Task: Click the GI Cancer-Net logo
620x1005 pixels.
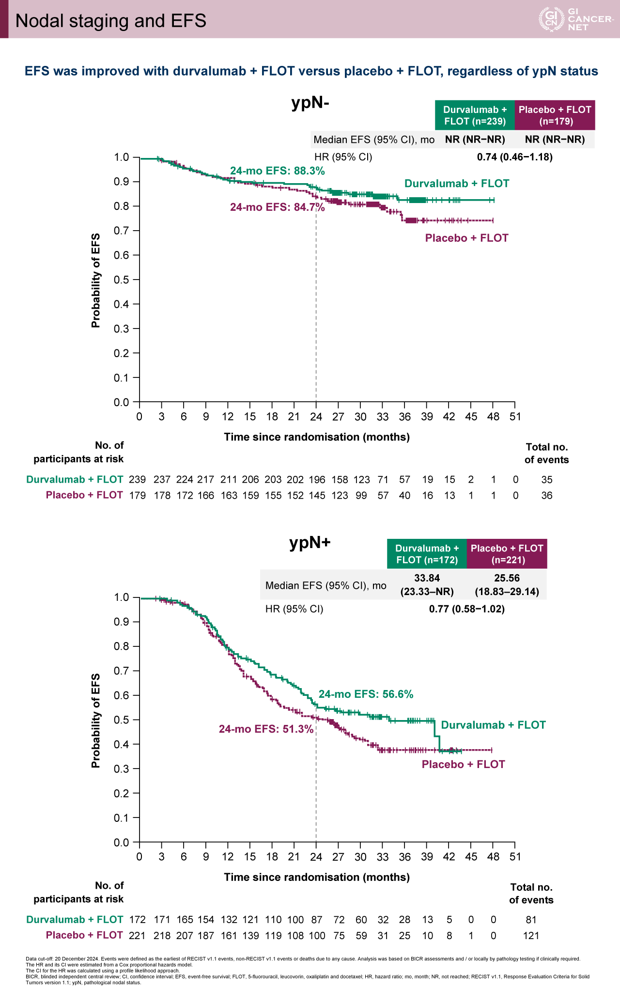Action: tap(576, 19)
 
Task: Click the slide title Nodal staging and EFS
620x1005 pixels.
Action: tap(111, 21)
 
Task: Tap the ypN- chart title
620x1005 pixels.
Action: tap(310, 102)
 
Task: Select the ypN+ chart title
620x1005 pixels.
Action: tap(310, 542)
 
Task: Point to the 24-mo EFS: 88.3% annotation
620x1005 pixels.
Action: tap(277, 171)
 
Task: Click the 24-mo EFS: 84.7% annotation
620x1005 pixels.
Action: tap(277, 207)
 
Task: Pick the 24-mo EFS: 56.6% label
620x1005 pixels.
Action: tap(366, 694)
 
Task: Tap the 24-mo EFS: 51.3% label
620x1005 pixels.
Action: tap(266, 729)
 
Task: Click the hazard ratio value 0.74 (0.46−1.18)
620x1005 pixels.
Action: tap(514, 157)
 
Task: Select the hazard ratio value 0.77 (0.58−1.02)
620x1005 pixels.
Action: tap(466, 609)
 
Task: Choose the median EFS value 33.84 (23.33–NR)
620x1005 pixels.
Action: tap(427, 584)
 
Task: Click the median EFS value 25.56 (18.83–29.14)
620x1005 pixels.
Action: tap(507, 584)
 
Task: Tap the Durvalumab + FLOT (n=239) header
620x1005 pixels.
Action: tap(475, 115)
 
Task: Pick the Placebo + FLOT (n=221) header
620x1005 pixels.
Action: tap(507, 554)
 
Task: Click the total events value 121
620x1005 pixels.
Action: tap(531, 935)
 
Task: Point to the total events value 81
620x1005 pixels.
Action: tap(531, 920)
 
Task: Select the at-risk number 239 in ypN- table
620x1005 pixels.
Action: tap(137, 480)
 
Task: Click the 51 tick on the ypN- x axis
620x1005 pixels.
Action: tap(515, 417)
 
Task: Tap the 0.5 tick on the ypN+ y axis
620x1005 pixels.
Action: tap(121, 720)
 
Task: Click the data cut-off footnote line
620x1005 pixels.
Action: tap(303, 958)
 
